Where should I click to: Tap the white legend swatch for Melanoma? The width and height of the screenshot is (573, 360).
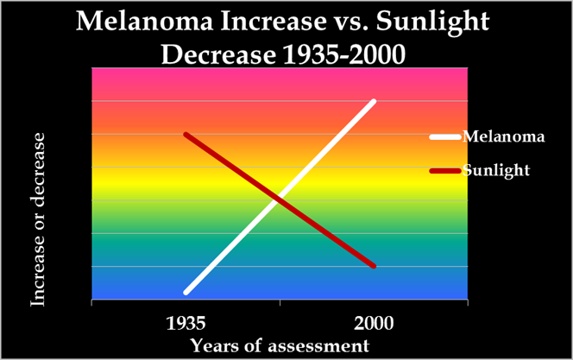[445, 136]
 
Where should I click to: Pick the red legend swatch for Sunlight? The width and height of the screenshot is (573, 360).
[445, 170]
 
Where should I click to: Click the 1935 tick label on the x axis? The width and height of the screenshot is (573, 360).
[186, 325]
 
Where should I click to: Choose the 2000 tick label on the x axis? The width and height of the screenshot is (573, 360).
[374, 325]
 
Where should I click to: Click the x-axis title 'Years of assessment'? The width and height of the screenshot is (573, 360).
[280, 345]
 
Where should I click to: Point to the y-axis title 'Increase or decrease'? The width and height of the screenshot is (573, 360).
[38, 218]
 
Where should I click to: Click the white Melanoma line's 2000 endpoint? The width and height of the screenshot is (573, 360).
[374, 102]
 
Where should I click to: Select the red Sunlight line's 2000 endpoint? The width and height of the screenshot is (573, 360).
[374, 266]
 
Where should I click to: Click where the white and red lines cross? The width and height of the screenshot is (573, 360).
[277, 199]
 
